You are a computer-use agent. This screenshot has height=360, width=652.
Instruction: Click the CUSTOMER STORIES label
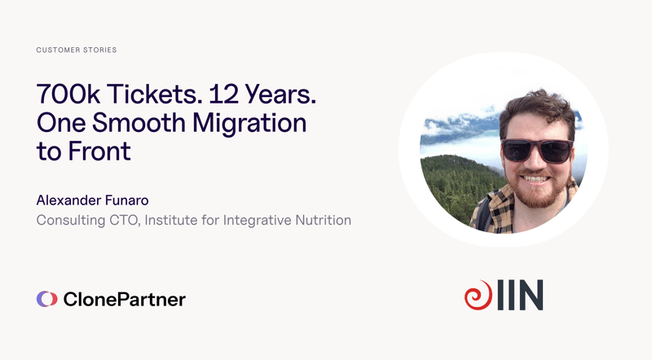[x=77, y=50]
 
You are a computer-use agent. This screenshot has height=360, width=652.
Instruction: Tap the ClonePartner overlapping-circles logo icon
[x=47, y=299]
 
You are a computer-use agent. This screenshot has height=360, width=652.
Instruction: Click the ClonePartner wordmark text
[x=124, y=299]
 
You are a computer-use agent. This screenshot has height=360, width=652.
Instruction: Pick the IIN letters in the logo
[x=519, y=296]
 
